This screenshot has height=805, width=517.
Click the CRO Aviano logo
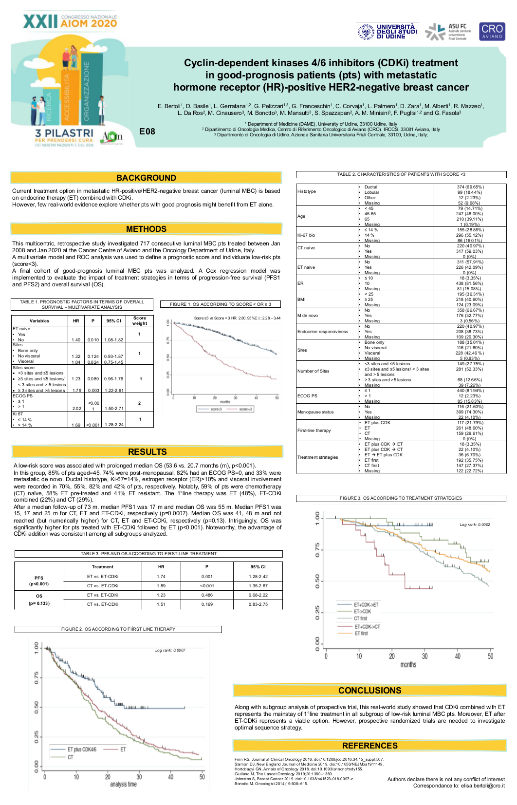point(492,31)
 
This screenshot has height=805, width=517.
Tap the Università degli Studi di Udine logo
point(387,32)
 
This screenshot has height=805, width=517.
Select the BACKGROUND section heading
point(146,178)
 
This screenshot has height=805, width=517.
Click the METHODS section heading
point(146,229)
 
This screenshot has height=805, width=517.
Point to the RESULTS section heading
point(147,452)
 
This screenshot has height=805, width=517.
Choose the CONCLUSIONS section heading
point(369,691)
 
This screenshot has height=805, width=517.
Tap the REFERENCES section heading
point(369,746)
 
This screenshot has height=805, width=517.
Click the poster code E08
point(147,131)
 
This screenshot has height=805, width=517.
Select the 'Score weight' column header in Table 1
point(139,320)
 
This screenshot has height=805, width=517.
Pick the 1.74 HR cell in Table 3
point(161,577)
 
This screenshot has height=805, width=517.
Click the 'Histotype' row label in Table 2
point(307,191)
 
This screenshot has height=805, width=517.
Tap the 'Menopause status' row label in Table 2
point(315,412)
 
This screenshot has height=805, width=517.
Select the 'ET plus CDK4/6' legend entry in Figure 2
point(81,749)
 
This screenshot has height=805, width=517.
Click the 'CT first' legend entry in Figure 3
point(360,618)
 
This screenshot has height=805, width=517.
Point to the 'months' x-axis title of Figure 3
point(408,665)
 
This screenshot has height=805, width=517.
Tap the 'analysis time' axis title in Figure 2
point(123,784)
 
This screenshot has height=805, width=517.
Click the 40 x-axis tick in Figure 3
point(458,656)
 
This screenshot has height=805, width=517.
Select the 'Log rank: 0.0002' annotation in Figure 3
point(475,524)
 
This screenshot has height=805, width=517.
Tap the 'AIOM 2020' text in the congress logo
point(89,23)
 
